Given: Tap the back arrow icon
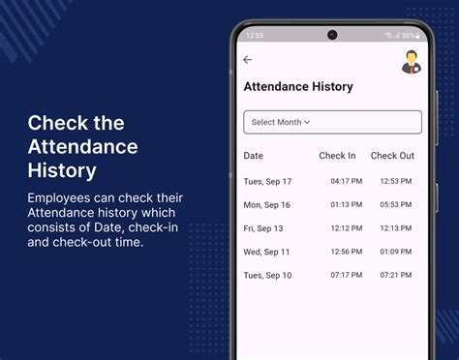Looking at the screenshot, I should click(x=248, y=60).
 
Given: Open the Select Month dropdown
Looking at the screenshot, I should click(x=332, y=122).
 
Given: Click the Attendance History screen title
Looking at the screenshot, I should click(x=297, y=87).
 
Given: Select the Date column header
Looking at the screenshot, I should click(x=253, y=156).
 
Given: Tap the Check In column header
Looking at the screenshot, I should click(x=337, y=156).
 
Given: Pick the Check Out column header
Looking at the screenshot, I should click(x=392, y=156).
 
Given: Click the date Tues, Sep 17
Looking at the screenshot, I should click(x=267, y=181).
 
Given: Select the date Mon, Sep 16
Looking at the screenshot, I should click(x=267, y=205).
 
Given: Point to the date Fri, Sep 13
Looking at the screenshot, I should click(x=263, y=228).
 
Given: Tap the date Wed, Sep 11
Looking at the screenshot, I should click(x=266, y=252).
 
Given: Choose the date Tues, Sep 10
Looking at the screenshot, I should click(x=267, y=276).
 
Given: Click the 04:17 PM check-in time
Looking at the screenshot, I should click(x=346, y=181).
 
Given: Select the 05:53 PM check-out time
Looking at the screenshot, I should click(x=396, y=205).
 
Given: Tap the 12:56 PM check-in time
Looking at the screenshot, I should click(x=346, y=252).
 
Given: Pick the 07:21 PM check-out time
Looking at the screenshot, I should click(x=396, y=276).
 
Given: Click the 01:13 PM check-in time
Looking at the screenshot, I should click(x=346, y=205).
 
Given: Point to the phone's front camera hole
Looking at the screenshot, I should click(x=332, y=35).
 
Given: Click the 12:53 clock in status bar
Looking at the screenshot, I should click(x=255, y=36).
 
